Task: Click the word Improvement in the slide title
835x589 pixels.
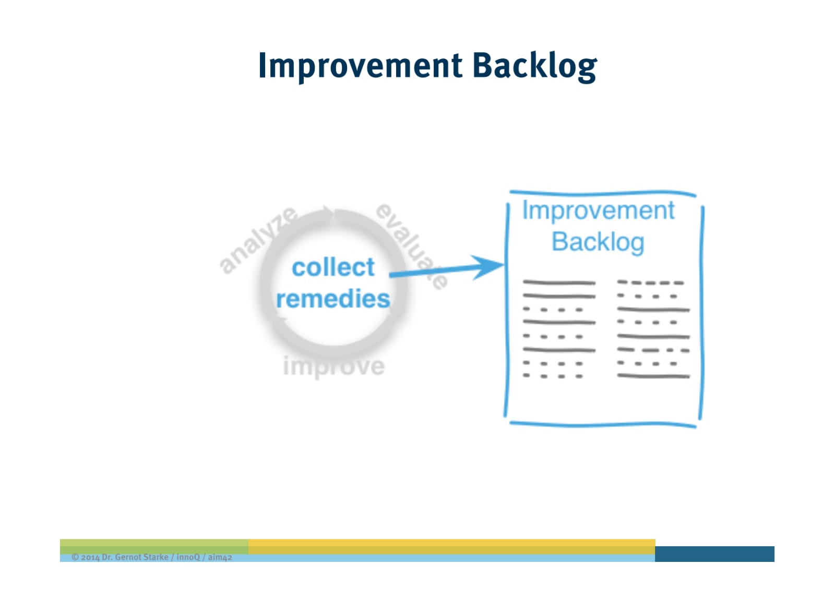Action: pos(360,66)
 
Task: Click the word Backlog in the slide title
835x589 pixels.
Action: pos(534,66)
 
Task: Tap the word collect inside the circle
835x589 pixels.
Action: pos(333,267)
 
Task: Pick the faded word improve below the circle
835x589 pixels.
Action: pos(334,366)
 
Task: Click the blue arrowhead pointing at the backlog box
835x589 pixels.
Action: pos(488,266)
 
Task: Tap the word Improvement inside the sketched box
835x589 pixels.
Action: pos(598,211)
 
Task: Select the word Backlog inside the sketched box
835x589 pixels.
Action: pos(598,242)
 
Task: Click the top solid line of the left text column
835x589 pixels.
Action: pos(559,283)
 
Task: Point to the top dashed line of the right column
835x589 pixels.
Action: pos(650,283)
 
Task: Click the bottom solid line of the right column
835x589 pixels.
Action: pos(653,376)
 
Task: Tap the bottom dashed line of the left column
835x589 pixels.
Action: pos(553,376)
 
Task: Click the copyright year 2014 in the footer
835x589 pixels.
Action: pos(90,557)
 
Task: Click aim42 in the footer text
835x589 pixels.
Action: pos(220,557)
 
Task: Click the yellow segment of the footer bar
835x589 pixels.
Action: pos(451,546)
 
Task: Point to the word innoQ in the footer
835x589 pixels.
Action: pos(188,557)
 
